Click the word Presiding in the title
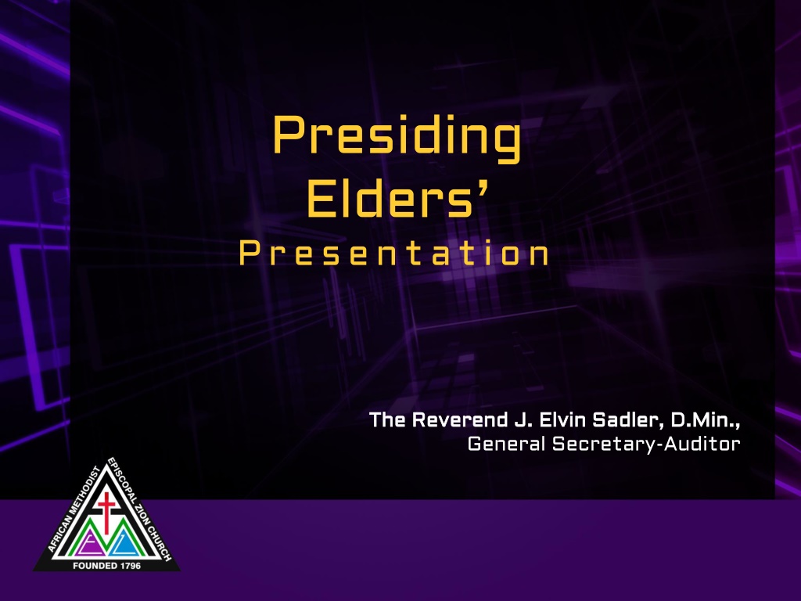tap(397, 138)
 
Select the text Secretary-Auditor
tap(646, 444)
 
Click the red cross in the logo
tap(106, 511)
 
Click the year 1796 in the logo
tap(131, 566)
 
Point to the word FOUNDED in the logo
tap(95, 566)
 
